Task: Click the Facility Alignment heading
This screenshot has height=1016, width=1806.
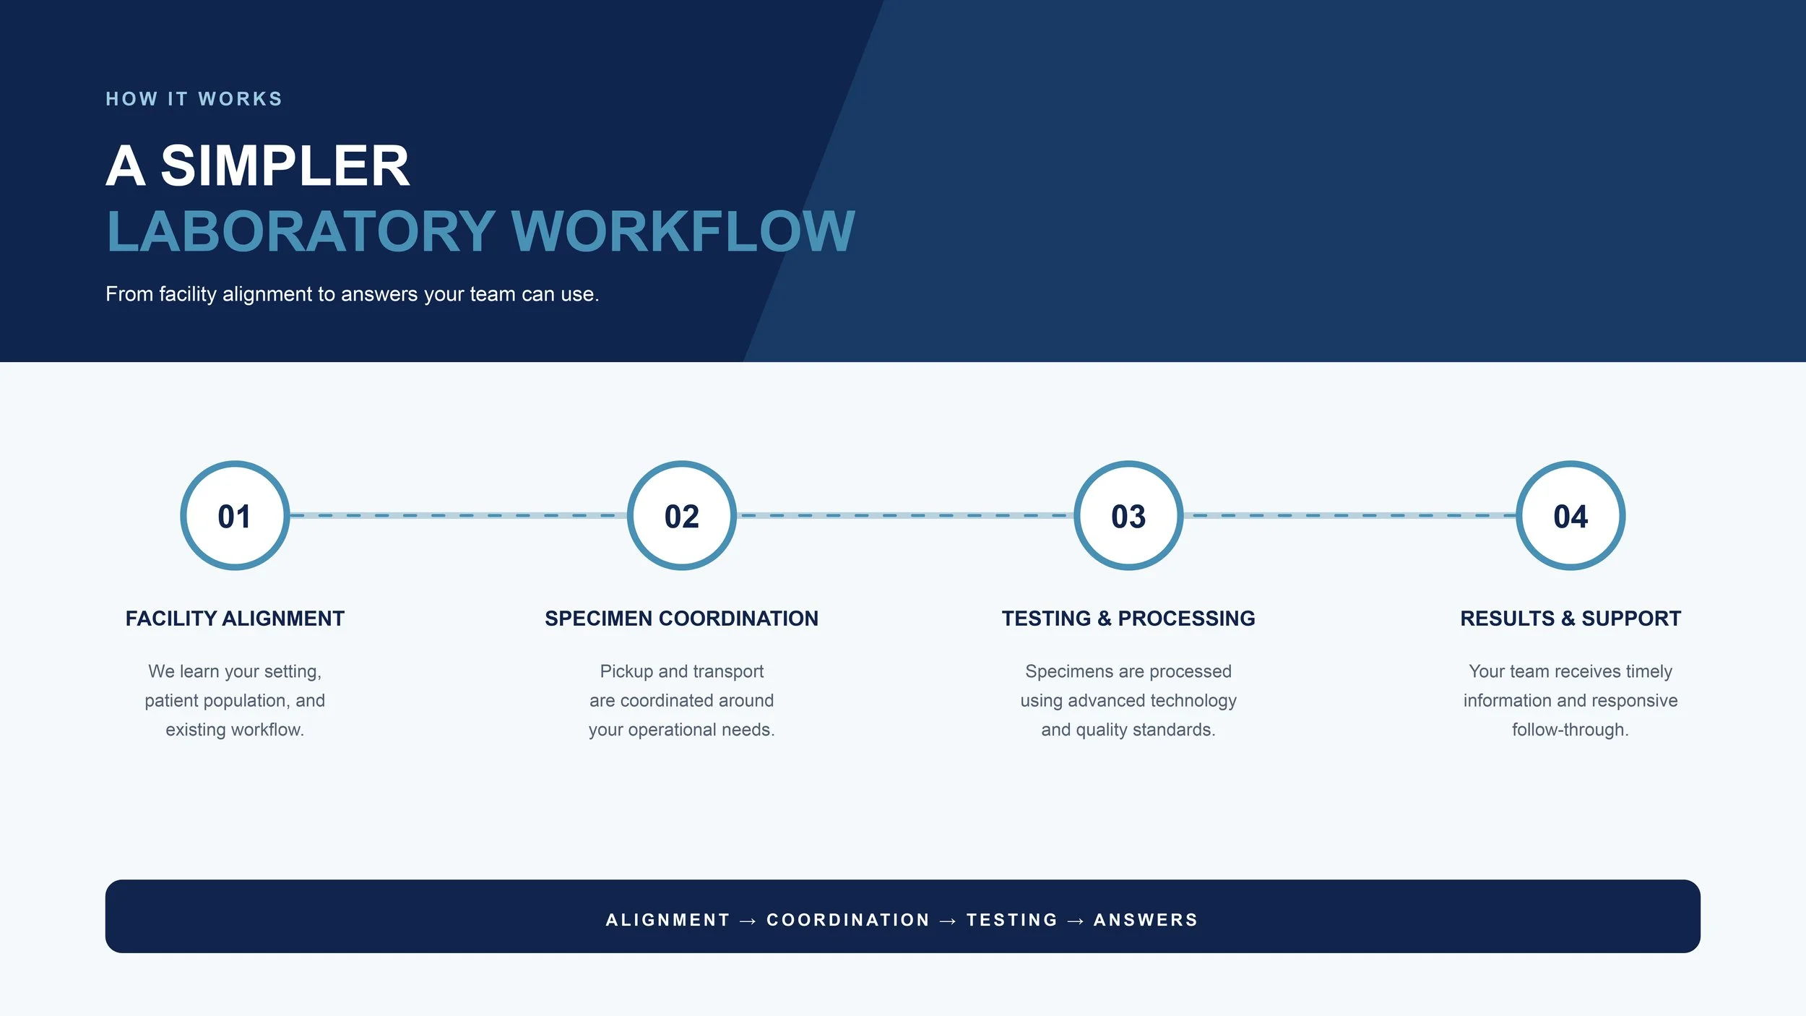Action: point(235,619)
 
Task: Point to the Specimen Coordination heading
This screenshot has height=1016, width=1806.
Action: point(681,619)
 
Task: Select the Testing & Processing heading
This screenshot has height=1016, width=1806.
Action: point(1128,619)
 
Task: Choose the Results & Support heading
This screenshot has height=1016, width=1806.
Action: point(1570,619)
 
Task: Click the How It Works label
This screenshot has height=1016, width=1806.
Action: point(194,99)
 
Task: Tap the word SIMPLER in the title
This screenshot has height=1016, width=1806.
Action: point(285,165)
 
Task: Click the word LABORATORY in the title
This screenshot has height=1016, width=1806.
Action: point(301,231)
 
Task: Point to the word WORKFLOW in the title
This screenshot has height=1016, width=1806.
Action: point(683,231)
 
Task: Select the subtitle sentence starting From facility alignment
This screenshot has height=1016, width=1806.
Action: point(353,294)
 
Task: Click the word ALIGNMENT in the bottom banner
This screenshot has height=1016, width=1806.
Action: point(667,920)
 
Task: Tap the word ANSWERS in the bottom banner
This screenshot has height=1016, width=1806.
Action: point(1146,920)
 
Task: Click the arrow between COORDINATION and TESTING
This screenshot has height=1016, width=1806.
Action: point(948,921)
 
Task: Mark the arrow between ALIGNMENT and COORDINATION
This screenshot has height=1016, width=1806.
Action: point(748,921)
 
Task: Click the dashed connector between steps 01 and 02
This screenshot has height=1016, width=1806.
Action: point(458,515)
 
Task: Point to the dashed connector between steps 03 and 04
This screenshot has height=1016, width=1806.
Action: point(1349,515)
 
